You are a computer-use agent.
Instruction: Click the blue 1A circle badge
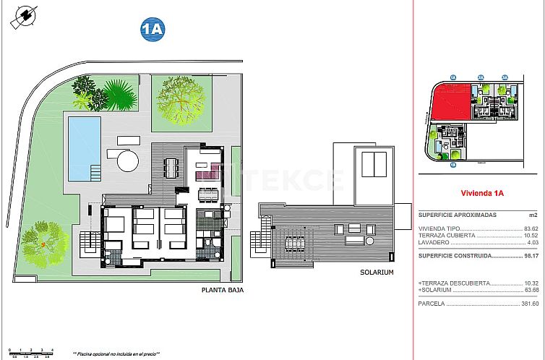click(x=153, y=29)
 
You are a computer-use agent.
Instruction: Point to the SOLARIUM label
click(x=377, y=273)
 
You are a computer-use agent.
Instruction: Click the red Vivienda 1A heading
click(x=481, y=193)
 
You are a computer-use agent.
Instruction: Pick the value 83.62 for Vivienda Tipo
click(x=531, y=228)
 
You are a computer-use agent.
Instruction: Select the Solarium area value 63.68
click(x=531, y=290)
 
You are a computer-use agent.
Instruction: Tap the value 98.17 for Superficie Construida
click(x=531, y=255)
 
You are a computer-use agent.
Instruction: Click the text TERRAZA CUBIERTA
click(x=447, y=236)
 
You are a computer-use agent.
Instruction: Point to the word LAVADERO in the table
click(x=436, y=242)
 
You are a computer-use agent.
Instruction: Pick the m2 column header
click(x=533, y=215)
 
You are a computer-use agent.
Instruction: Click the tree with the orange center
click(x=45, y=244)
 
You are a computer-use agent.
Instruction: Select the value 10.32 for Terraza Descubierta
click(x=531, y=283)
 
